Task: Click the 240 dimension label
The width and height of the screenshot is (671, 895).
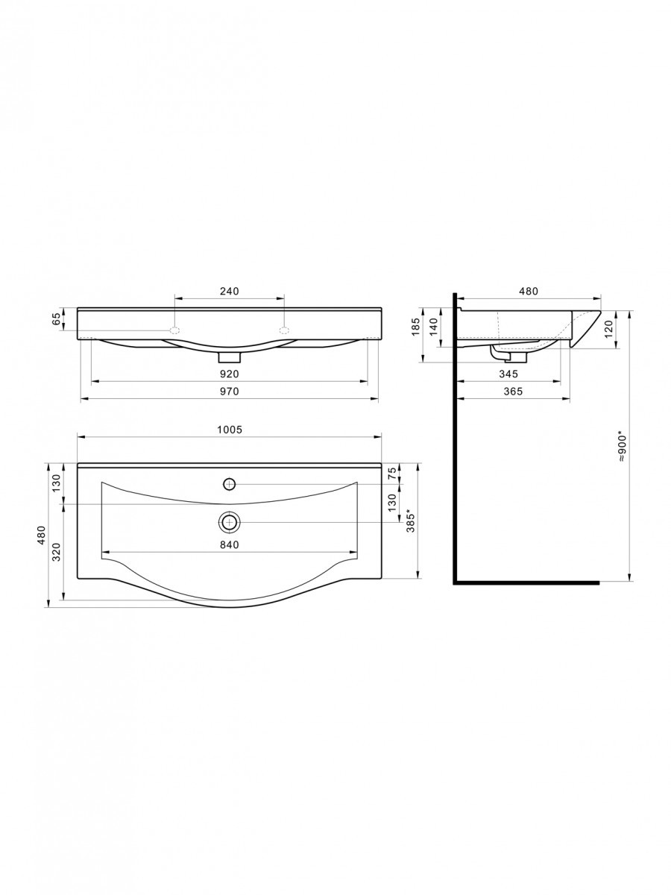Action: [230, 291]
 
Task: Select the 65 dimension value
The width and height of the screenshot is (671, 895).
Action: [57, 318]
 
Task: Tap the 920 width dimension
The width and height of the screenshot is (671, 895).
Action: [230, 374]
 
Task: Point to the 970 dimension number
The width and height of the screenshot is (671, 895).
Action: [230, 392]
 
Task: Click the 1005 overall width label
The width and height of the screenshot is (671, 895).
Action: [230, 430]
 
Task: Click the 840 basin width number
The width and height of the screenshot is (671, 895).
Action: [230, 544]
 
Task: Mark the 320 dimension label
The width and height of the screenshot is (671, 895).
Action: [56, 552]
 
